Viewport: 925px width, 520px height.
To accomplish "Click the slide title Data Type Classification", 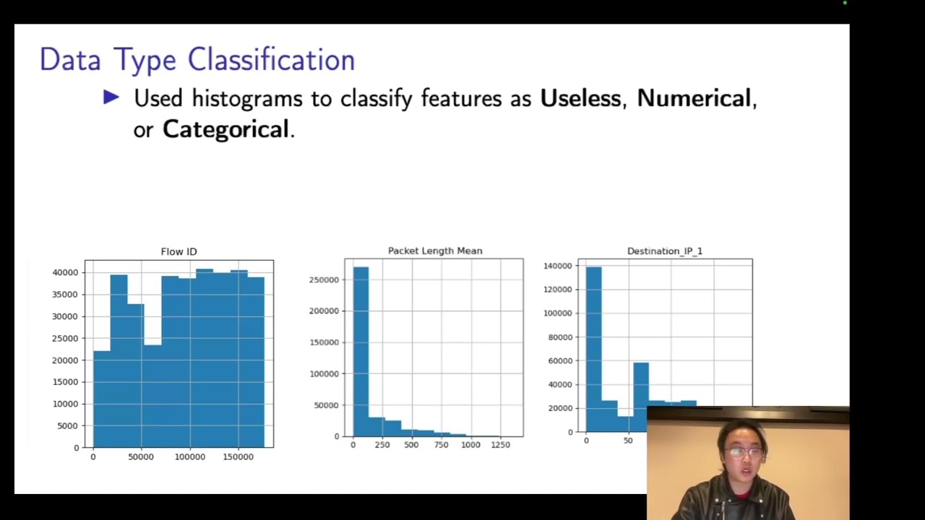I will coord(197,60).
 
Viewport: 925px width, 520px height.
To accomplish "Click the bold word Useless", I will coord(580,98).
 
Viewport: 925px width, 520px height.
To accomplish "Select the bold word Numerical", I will coord(694,98).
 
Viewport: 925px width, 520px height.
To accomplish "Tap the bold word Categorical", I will coord(225,129).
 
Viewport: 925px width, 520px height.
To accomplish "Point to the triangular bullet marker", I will coord(111,97).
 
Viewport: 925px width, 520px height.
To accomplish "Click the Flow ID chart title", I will coord(178,251).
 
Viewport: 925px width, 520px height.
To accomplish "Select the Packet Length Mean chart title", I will coord(434,251).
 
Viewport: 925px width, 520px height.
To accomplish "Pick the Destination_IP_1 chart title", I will coord(664,251).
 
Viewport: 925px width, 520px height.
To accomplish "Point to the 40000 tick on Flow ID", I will coord(65,272).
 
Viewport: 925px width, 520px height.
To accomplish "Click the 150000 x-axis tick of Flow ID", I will coord(238,456).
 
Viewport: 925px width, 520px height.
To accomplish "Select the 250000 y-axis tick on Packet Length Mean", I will coord(323,279).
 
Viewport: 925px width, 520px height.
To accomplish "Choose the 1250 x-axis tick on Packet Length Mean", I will coord(500,445).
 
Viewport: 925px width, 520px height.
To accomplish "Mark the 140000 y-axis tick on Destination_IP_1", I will coord(559,266).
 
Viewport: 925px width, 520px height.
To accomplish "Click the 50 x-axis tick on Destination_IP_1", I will coord(627,441).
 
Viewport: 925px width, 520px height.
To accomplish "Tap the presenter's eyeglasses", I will coord(743,453).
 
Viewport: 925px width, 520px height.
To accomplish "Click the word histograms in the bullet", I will coord(247,98).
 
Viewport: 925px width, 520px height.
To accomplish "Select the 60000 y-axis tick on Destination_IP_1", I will coord(561,361).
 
